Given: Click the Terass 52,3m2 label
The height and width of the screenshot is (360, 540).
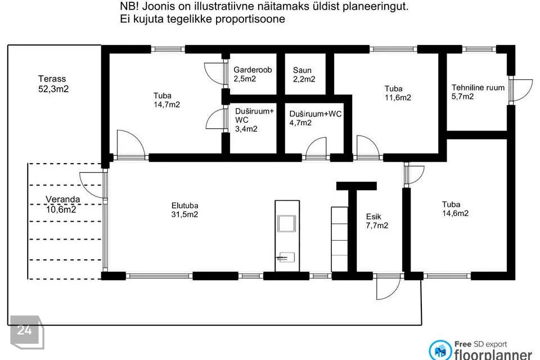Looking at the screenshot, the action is pyautogui.click(x=53, y=84).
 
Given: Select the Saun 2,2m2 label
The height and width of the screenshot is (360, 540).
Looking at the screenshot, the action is pyautogui.click(x=304, y=75).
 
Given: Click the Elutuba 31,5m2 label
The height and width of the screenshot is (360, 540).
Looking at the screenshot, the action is pyautogui.click(x=184, y=210).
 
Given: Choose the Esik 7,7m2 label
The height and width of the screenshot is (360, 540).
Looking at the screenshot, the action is pyautogui.click(x=377, y=221).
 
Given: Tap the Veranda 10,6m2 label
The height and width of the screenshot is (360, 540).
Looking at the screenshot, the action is pyautogui.click(x=62, y=204).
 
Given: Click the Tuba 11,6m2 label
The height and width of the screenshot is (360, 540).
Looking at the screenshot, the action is pyautogui.click(x=398, y=93).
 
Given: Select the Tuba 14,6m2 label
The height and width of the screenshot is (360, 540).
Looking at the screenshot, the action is pyautogui.click(x=455, y=209).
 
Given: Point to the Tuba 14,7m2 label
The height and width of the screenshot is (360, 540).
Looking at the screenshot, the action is pyautogui.click(x=166, y=100).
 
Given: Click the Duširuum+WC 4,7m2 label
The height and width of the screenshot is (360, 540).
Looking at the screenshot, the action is pyautogui.click(x=315, y=118).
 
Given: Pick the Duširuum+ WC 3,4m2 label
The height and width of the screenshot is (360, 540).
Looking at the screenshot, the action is pyautogui.click(x=254, y=120).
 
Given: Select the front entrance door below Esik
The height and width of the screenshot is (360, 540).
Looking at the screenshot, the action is pyautogui.click(x=388, y=287).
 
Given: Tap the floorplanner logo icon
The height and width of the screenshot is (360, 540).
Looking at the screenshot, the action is pyautogui.click(x=440, y=350).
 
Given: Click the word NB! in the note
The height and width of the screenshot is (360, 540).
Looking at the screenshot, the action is pyautogui.click(x=129, y=6).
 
